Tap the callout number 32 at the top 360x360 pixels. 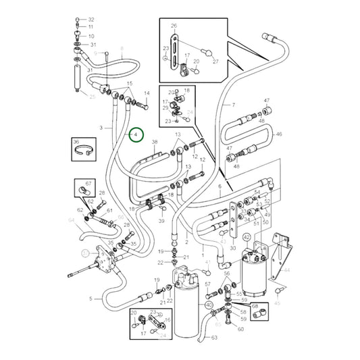(91, 20)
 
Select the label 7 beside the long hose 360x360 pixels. (233, 105)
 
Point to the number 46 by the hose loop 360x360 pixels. (278, 134)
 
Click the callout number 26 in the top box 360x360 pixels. (174, 26)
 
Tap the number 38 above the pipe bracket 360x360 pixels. (155, 142)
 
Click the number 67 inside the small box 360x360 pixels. (87, 182)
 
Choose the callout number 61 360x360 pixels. (110, 211)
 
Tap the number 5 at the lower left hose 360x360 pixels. (91, 298)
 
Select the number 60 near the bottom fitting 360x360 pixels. (240, 329)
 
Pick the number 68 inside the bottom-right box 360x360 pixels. (255, 306)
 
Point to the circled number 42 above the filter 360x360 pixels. (247, 238)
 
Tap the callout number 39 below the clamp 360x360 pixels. (161, 221)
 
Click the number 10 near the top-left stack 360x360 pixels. (91, 36)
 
